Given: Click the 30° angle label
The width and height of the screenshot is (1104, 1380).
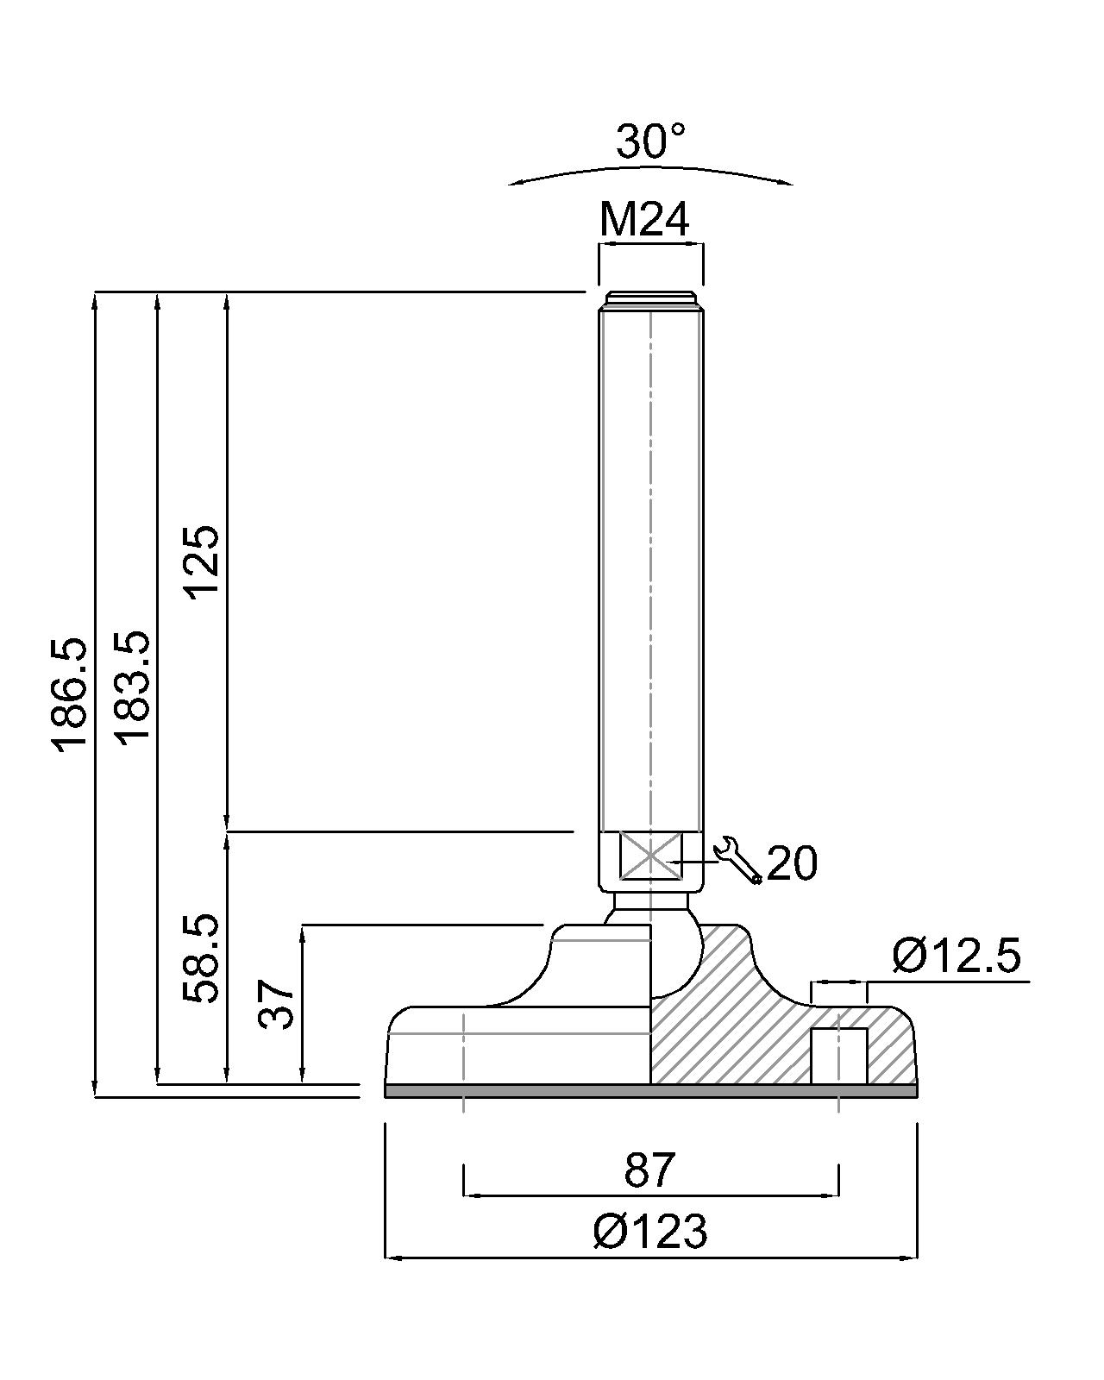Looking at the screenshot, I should pyautogui.click(x=650, y=141).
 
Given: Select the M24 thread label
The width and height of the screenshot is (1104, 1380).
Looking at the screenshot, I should pyautogui.click(x=644, y=220).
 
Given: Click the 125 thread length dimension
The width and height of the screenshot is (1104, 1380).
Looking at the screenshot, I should pyautogui.click(x=204, y=561).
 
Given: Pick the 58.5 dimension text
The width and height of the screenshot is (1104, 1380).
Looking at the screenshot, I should pyautogui.click(x=204, y=958).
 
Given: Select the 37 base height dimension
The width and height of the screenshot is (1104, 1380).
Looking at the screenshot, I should pyautogui.click(x=278, y=1003).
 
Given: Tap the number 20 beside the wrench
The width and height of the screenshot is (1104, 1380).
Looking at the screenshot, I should pyautogui.click(x=792, y=862).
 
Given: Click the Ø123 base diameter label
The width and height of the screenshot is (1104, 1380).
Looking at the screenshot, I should pyautogui.click(x=650, y=1232).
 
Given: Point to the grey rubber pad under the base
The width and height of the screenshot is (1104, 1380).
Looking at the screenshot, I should pyautogui.click(x=650, y=1091).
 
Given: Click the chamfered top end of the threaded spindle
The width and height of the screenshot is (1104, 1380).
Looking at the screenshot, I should pyautogui.click(x=650, y=298).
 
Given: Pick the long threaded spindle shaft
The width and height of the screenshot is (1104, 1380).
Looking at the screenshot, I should pyautogui.click(x=650, y=561).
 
